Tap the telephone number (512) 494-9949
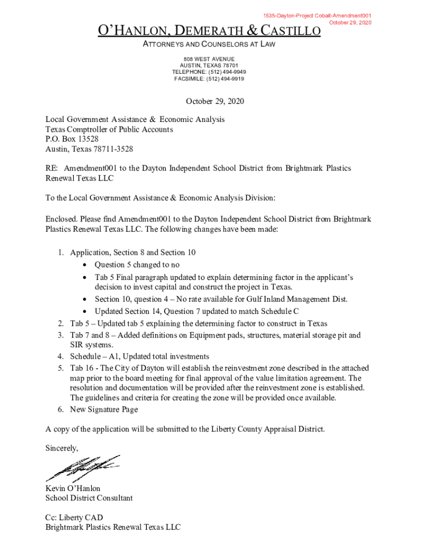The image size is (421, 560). click(x=225, y=72)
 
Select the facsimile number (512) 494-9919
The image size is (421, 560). click(x=225, y=79)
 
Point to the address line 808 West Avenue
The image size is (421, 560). click(x=209, y=59)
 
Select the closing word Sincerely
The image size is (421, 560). click(x=62, y=448)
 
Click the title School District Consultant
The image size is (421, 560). click(x=89, y=498)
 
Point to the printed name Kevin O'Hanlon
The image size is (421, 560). click(x=73, y=488)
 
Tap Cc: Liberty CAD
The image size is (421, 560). click(x=74, y=517)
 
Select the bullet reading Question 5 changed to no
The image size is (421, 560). click(x=137, y=265)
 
